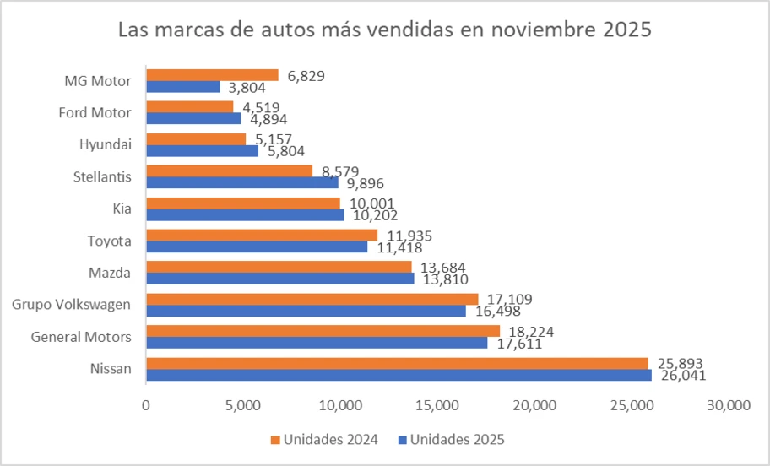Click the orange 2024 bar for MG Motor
(x=212, y=75)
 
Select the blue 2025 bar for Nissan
(x=399, y=375)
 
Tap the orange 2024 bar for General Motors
(x=323, y=331)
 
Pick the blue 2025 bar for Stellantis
(x=242, y=182)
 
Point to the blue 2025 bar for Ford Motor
(x=193, y=118)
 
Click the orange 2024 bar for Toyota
(x=262, y=235)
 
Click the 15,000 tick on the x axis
(x=437, y=406)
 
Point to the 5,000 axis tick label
(x=243, y=406)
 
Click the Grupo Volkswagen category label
(x=71, y=305)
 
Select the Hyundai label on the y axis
(x=108, y=144)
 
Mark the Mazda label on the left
(x=110, y=273)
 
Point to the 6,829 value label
(x=306, y=75)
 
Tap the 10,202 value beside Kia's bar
(x=372, y=214)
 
